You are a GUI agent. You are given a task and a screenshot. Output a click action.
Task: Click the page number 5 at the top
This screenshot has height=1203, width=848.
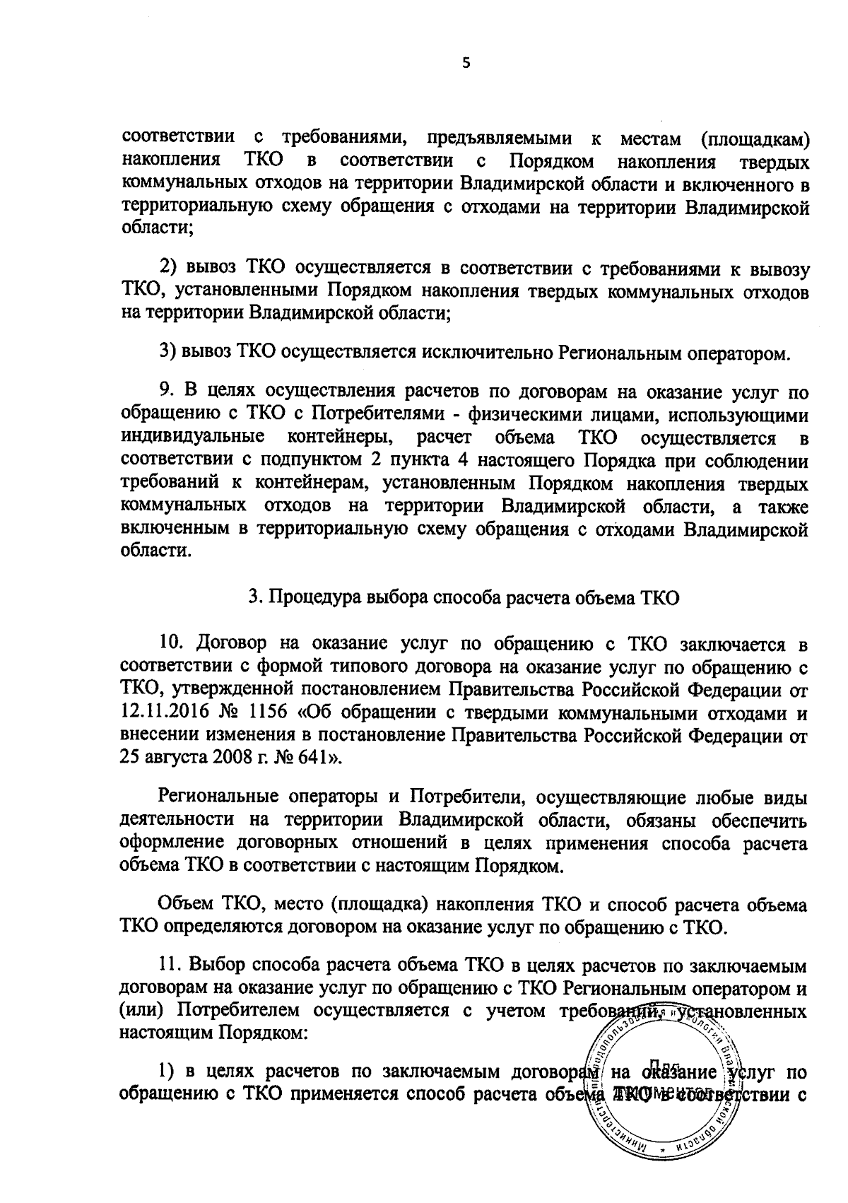pyautogui.click(x=465, y=64)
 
